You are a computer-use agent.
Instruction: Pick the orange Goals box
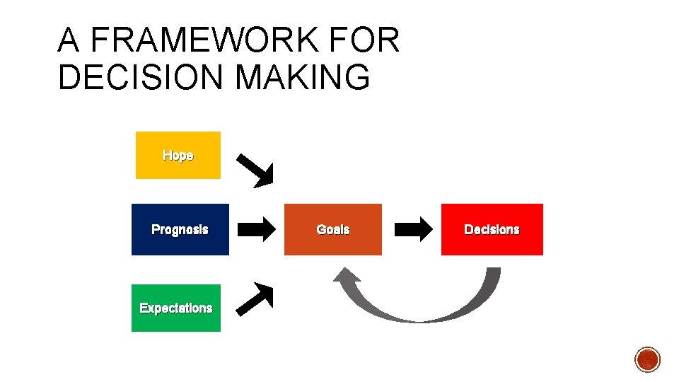[x=332, y=229]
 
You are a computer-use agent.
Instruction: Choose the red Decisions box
[x=492, y=229]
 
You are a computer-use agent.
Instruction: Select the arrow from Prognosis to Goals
[x=256, y=229]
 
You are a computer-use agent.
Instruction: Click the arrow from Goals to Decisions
[x=413, y=228]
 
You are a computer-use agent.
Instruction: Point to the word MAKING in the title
[x=303, y=77]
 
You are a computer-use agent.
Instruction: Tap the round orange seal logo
[x=647, y=359]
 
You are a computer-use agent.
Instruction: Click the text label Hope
[x=178, y=156]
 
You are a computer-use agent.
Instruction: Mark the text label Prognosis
[x=180, y=229]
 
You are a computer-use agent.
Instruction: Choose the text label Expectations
[x=176, y=308]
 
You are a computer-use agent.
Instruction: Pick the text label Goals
[x=332, y=229]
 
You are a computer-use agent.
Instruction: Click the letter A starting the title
[x=69, y=41]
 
